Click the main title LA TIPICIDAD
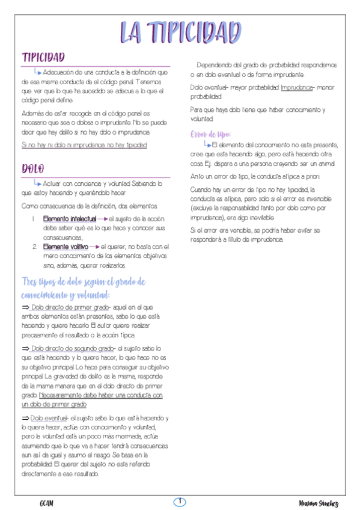click(x=180, y=31)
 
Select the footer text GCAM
click(x=47, y=503)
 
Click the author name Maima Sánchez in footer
click(x=319, y=503)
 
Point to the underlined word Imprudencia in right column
click(x=297, y=88)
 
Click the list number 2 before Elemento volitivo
click(x=34, y=247)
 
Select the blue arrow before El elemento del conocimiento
click(x=207, y=144)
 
